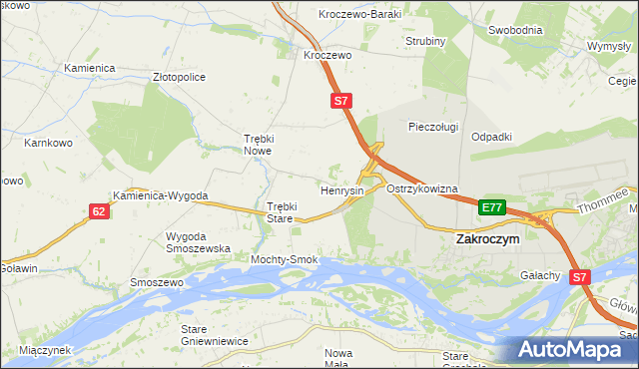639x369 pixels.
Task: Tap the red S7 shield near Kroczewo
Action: pos(341,101)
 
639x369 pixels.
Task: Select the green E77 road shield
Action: pos(491,207)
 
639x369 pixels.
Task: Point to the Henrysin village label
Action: pos(341,189)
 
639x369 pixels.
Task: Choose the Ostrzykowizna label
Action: pos(421,188)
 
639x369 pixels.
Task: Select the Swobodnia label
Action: pos(515,30)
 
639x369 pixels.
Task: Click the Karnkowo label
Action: pos(46,143)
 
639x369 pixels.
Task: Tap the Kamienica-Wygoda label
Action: pos(160,196)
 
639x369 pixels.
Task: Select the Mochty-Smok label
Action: pos(284,259)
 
